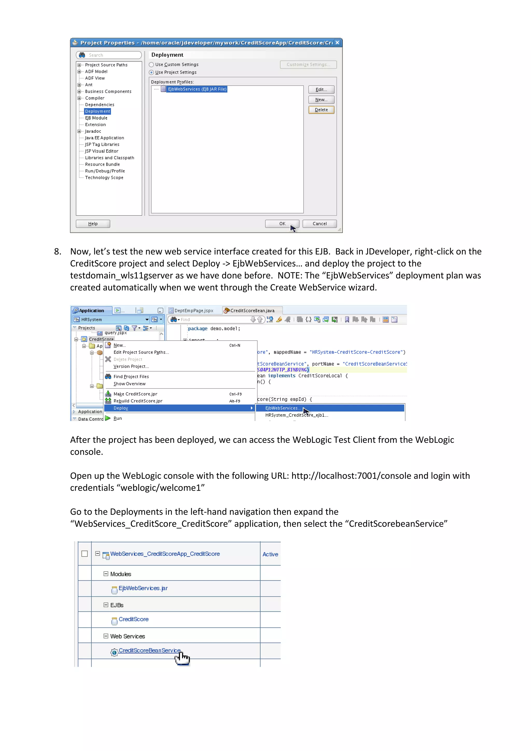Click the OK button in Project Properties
(282, 224)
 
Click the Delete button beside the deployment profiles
(321, 110)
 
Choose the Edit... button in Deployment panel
(321, 90)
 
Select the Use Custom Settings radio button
(151, 65)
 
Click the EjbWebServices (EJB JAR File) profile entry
(197, 89)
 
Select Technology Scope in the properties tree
(104, 178)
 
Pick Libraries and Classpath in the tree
(109, 158)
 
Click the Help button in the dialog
(93, 224)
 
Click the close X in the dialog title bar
(337, 43)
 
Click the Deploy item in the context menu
(121, 408)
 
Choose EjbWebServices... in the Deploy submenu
(283, 408)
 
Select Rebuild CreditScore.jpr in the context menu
(138, 401)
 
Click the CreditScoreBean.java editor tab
(252, 311)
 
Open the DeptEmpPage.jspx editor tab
(193, 311)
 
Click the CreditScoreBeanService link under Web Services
(149, 651)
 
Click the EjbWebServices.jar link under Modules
(143, 588)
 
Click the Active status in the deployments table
(270, 554)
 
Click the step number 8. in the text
(58, 252)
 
